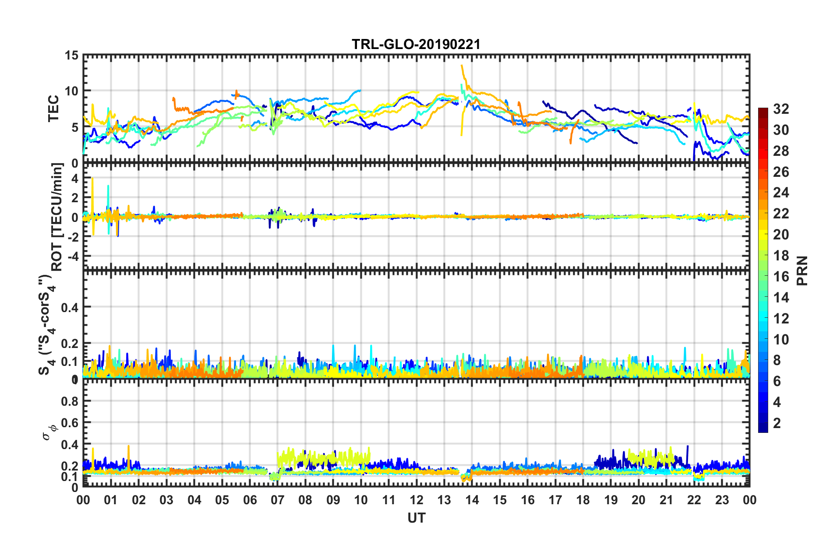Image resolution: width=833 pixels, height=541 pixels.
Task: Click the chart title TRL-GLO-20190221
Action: (x=416, y=44)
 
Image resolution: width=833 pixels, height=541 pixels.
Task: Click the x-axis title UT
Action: (x=416, y=518)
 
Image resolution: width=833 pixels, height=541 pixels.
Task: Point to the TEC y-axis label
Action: (x=53, y=109)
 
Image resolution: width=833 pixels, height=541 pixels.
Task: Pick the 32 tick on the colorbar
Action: (x=780, y=109)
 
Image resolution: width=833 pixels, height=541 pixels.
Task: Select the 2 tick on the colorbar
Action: (x=777, y=423)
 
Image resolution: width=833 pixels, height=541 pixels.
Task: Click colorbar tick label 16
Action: (x=780, y=276)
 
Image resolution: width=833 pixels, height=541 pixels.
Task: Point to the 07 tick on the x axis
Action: (x=278, y=500)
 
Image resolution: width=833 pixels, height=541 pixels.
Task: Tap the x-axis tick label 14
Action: (x=472, y=500)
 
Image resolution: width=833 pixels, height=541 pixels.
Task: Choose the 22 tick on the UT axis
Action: (x=694, y=500)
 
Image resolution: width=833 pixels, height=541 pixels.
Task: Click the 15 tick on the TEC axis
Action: (x=71, y=56)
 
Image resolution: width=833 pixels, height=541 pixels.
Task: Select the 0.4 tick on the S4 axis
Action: (x=70, y=307)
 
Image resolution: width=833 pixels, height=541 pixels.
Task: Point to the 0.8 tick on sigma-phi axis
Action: (x=70, y=401)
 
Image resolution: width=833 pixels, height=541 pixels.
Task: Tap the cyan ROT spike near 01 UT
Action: (x=108, y=187)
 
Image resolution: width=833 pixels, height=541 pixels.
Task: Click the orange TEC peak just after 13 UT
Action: (x=462, y=67)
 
